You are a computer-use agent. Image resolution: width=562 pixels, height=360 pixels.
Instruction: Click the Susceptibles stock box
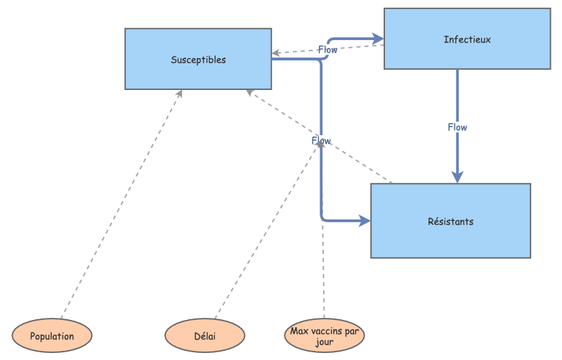tap(198, 59)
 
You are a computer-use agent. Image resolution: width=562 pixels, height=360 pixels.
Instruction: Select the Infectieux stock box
tap(466, 39)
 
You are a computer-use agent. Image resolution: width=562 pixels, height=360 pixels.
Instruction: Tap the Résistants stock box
tap(450, 221)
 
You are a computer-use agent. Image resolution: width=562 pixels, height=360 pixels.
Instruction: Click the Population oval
tap(52, 335)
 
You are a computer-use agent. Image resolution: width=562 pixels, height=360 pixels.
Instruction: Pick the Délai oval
tap(205, 335)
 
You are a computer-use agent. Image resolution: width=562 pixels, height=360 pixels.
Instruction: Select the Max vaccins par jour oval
tap(325, 335)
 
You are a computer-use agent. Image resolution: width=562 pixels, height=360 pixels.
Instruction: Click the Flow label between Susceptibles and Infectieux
tap(327, 49)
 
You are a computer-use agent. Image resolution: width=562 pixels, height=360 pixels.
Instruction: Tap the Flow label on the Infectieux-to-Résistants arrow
tap(457, 127)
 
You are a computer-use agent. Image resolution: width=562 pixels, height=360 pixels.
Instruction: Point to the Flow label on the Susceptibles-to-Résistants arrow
tap(321, 141)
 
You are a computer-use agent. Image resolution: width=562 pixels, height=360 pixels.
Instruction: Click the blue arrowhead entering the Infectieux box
tap(377, 38)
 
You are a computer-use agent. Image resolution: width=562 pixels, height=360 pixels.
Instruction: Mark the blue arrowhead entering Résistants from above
tap(457, 177)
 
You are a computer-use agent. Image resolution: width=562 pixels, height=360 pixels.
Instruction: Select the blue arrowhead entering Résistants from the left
tap(365, 221)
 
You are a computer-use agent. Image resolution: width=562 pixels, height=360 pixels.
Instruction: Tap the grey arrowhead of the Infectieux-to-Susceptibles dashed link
tap(276, 53)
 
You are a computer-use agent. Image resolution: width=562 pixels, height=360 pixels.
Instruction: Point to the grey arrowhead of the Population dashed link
tap(180, 94)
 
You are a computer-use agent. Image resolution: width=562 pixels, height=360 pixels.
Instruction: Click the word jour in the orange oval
tap(325, 342)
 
